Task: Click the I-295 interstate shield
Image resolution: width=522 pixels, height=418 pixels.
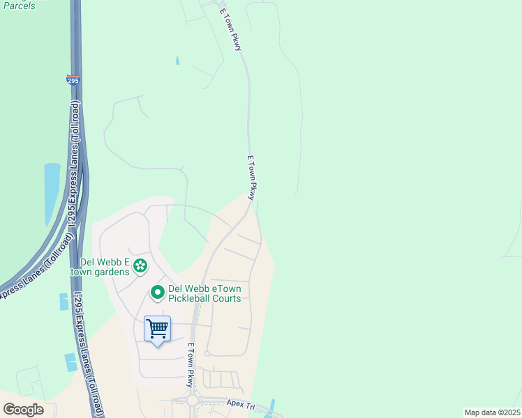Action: [73, 80]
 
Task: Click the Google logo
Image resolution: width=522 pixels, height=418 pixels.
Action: [23, 410]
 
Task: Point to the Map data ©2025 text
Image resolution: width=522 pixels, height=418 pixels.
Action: [491, 412]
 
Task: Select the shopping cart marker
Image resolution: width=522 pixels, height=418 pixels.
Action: [158, 328]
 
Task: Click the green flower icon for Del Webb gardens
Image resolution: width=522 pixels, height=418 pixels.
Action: [140, 265]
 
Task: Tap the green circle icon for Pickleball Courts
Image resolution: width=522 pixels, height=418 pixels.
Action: [158, 293]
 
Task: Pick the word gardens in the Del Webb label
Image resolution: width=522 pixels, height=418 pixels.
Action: [114, 272]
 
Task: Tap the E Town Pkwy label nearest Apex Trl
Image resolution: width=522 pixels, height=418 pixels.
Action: [190, 365]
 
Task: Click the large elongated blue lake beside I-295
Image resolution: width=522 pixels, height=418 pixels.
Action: [52, 192]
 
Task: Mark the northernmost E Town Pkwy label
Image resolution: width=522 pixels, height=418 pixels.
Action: [231, 29]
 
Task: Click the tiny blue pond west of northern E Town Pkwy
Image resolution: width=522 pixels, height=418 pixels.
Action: [177, 61]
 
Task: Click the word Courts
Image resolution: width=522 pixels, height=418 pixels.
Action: [228, 298]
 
